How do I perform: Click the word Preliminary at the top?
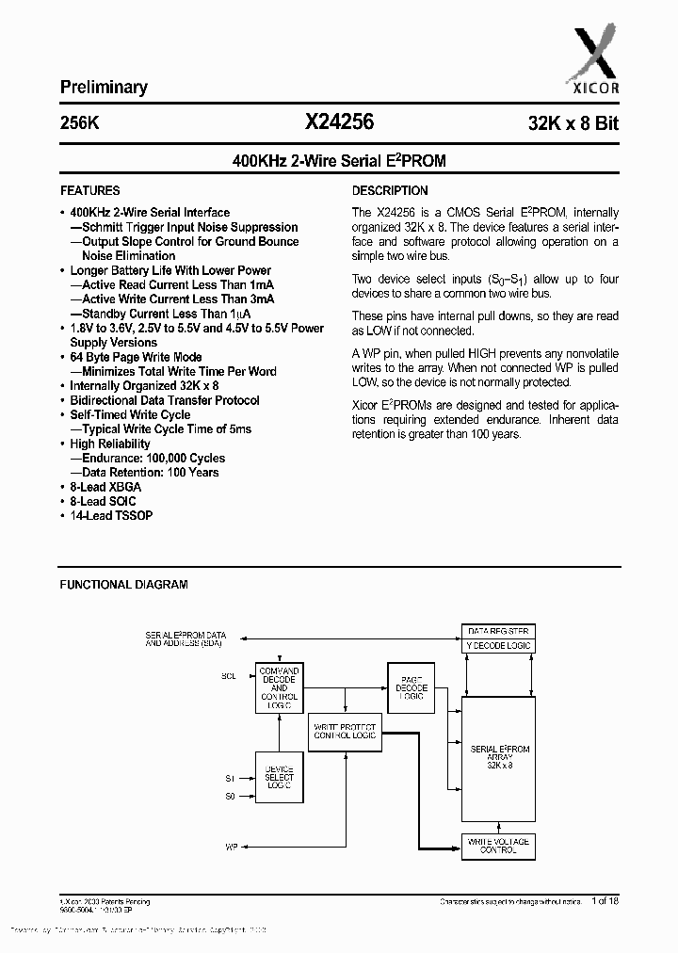tap(104, 88)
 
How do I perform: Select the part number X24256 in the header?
tap(339, 121)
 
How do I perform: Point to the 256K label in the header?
tap(79, 122)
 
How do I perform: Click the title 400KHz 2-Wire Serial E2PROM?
tap(339, 161)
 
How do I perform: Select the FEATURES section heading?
tap(90, 190)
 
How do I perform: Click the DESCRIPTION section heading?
tap(390, 190)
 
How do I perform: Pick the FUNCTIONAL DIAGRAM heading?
tap(123, 585)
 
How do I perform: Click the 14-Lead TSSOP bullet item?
tap(111, 516)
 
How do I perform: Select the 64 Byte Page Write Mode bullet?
tap(136, 357)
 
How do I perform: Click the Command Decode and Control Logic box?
tap(279, 687)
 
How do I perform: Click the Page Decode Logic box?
tap(411, 688)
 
